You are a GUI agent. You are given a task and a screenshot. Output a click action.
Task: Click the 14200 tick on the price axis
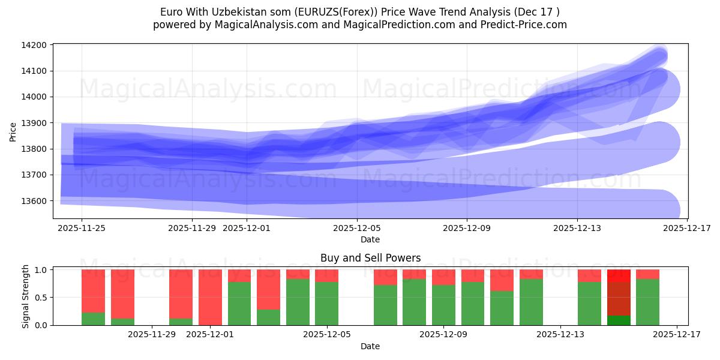coord(34,45)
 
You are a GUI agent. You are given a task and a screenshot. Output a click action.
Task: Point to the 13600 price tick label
coord(34,201)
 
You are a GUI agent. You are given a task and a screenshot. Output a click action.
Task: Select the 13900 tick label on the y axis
coord(34,123)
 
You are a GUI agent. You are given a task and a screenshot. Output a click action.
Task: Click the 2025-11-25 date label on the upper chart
coord(82,228)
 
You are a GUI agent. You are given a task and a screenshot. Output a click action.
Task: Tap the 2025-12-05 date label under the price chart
coord(357,228)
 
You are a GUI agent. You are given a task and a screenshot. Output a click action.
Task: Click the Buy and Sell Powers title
coord(370,259)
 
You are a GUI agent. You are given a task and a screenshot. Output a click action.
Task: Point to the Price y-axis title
coord(13,131)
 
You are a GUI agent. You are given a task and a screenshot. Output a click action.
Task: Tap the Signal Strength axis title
coord(25,296)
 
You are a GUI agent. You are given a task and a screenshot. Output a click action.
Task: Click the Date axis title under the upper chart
coord(370,239)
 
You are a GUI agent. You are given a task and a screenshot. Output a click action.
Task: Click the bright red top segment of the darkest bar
coord(619,275)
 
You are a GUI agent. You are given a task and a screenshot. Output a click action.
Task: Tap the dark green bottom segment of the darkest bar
coord(619,320)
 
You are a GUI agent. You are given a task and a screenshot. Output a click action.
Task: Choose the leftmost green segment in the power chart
coord(93,319)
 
